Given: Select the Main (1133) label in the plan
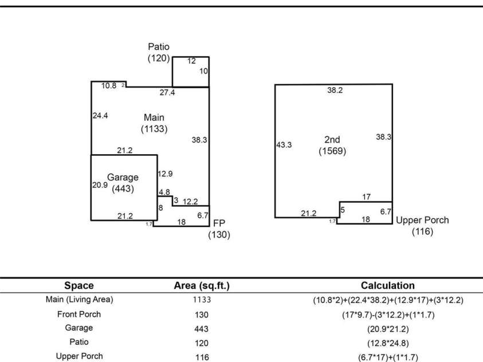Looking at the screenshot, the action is coord(154,123).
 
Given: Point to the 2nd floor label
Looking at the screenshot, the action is coord(332,145).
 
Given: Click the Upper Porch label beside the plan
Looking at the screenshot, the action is coord(422,226).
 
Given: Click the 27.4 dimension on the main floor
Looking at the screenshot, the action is coord(167,92).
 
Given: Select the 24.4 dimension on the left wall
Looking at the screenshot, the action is coord(100,116).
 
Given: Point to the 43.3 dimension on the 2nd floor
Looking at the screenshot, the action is coord(284,145).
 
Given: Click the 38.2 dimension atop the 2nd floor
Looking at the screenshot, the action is coord(335,90).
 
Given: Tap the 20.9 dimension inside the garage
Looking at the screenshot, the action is coord(100,185).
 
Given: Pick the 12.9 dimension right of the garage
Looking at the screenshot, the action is coord(165,174).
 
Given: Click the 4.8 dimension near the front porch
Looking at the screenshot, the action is coord(164,192).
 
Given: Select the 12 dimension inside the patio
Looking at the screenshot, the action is coord(191,61).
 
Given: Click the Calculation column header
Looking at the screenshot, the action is coord(387,285).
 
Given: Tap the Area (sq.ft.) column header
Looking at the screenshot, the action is coord(202,286).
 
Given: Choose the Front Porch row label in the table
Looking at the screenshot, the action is coord(79,314).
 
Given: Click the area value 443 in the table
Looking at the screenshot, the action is coord(202,329).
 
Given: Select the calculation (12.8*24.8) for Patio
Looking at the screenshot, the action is coord(388,343).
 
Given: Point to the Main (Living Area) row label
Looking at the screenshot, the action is coord(79,300).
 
